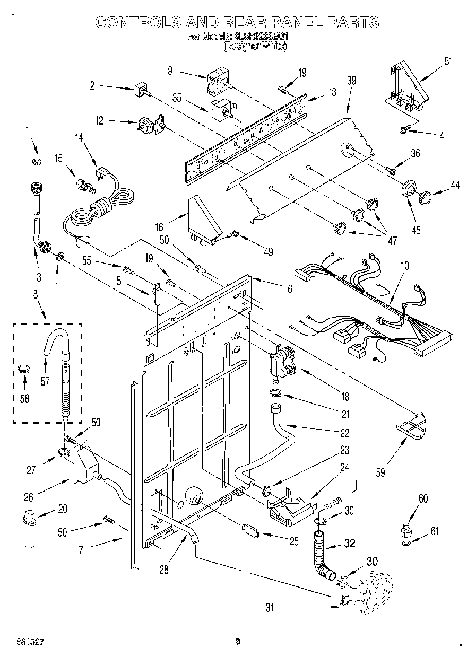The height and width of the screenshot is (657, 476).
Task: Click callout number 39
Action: [x=351, y=80]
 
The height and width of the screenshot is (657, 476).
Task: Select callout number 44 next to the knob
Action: [x=455, y=186]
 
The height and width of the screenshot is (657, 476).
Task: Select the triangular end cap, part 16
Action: [x=204, y=220]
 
